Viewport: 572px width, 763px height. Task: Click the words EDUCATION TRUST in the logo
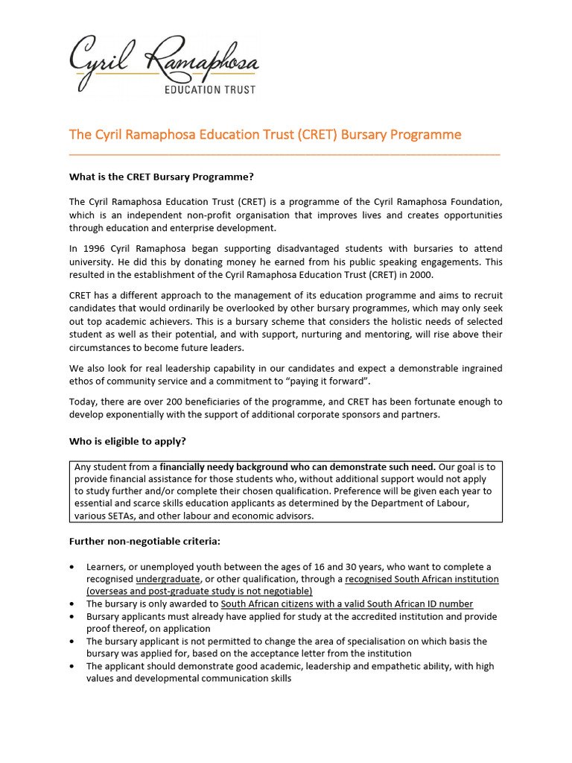pos(209,89)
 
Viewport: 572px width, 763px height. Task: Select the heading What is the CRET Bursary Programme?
pos(162,177)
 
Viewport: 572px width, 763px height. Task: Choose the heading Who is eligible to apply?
pos(127,441)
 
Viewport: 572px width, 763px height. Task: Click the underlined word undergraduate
pos(168,579)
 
